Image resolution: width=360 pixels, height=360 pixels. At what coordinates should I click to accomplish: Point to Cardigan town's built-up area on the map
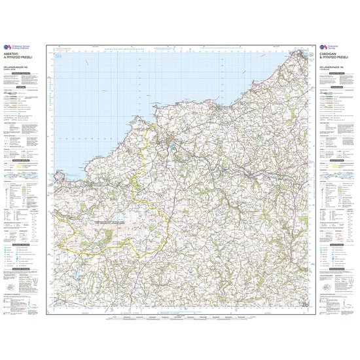171,141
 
